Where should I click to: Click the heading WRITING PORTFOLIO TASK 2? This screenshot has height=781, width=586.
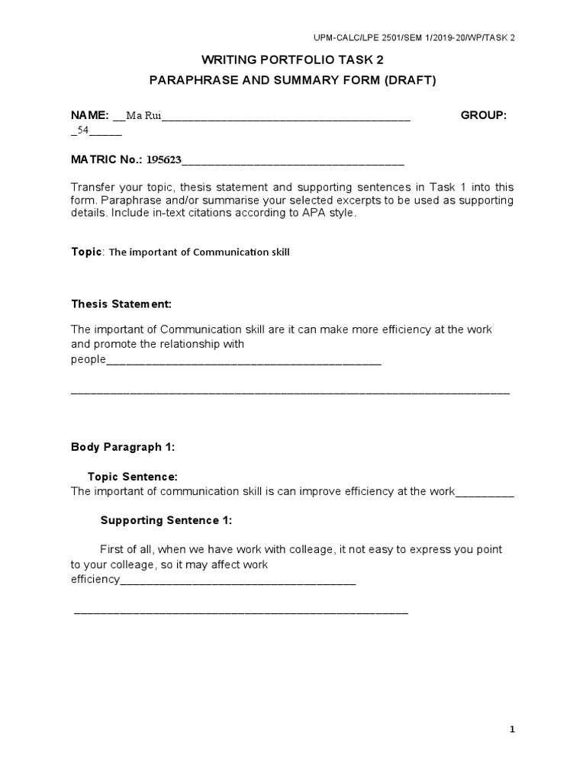(293, 59)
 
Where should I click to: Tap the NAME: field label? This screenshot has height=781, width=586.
(90, 115)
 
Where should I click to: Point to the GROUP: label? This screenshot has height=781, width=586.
(484, 115)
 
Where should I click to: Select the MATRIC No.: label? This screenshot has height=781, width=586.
(106, 160)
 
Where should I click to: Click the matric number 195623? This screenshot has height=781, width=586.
(164, 160)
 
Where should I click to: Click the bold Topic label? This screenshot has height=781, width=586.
(86, 252)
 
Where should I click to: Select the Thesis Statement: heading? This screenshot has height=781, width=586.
(121, 304)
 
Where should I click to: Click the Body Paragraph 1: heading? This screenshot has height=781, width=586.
(123, 448)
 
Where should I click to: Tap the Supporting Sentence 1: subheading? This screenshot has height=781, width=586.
(166, 520)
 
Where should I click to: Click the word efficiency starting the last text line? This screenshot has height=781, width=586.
(95, 580)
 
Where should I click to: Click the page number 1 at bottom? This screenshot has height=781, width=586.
(513, 730)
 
